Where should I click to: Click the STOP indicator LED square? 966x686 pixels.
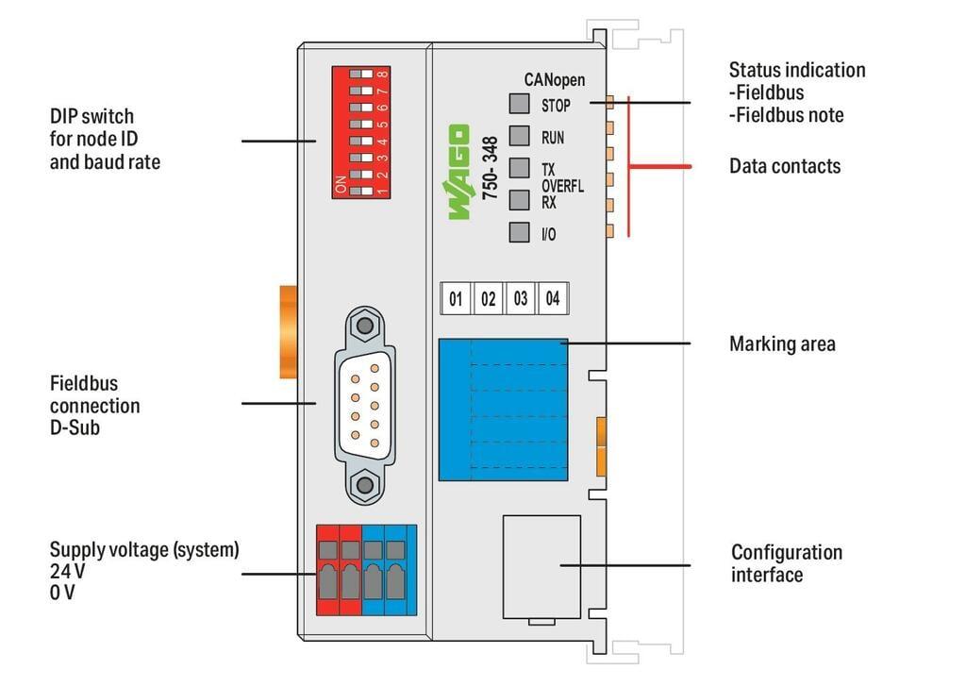520,104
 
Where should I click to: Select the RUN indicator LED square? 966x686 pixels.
520,136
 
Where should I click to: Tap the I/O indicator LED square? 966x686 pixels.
520,232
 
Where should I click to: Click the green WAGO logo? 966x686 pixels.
459,172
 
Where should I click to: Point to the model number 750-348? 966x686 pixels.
490,168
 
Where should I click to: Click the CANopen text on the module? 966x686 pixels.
555,79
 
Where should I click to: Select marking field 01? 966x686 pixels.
456,299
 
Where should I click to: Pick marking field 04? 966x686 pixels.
553,299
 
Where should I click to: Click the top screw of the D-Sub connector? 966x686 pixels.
365,326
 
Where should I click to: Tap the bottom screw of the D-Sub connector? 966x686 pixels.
365,484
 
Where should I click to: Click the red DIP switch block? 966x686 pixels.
361,132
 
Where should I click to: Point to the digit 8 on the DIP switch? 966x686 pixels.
383,75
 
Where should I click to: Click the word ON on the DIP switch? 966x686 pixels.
341,184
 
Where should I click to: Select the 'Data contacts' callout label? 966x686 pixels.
785,166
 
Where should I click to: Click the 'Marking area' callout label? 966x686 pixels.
782,343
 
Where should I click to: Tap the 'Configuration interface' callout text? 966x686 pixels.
787,563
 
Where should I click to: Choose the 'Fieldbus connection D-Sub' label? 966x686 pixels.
95,406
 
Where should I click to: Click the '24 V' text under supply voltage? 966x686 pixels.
68,571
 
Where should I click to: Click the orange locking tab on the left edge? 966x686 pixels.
289,331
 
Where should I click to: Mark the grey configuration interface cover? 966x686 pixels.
542,567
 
